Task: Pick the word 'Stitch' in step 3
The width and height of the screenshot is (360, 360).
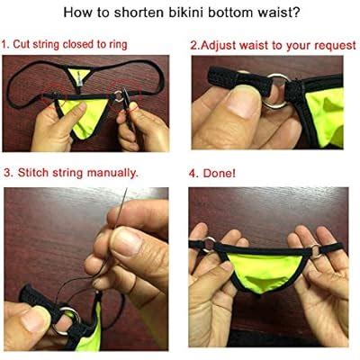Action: click(34, 172)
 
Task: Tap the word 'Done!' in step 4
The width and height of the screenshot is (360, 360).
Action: click(221, 172)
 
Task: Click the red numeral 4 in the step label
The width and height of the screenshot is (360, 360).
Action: click(193, 172)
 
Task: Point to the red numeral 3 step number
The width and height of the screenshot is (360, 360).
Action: click(7, 172)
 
